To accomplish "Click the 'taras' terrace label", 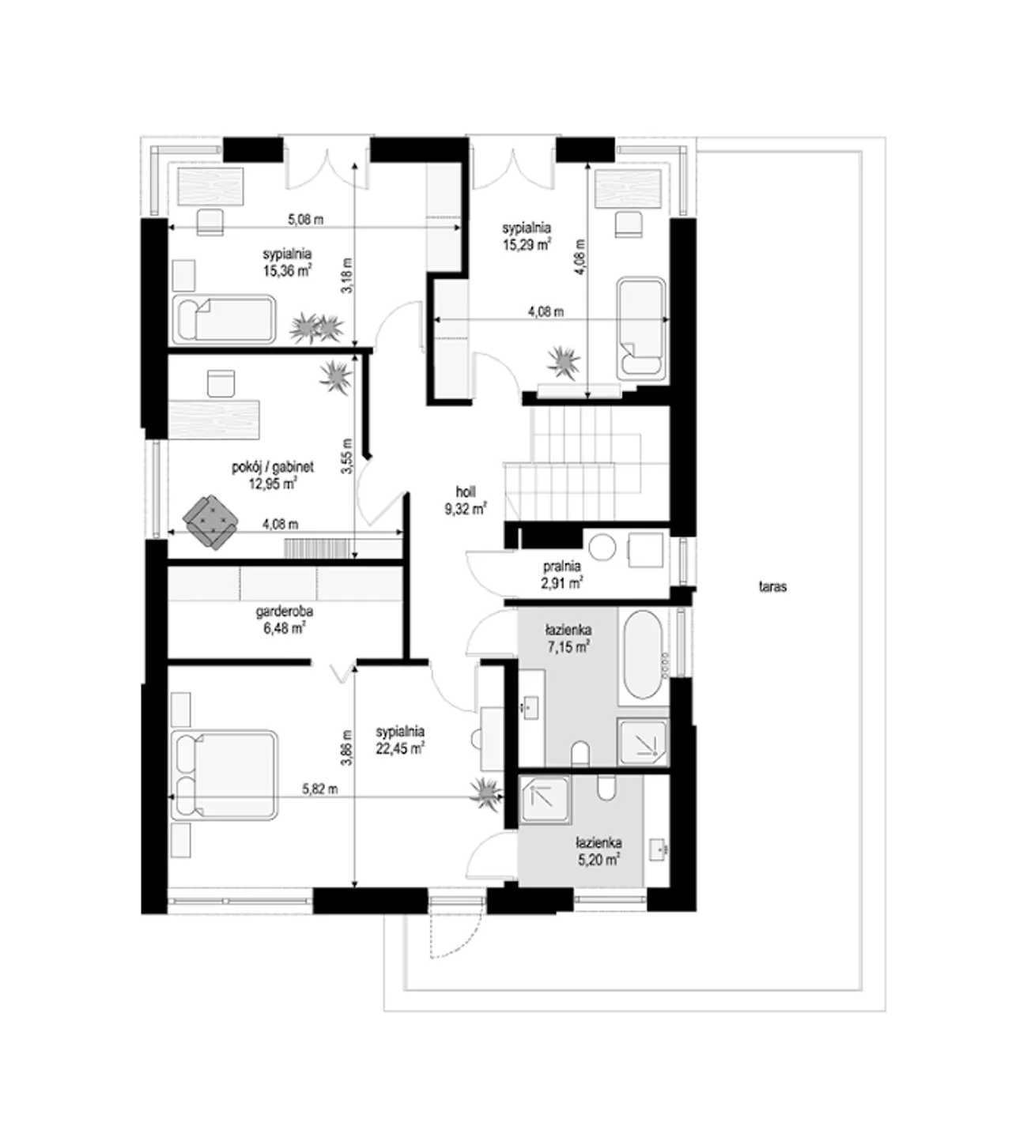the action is pyautogui.click(x=772, y=586).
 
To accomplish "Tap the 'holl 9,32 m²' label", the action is pyautogui.click(x=466, y=500).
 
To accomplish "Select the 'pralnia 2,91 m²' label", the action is pyautogui.click(x=561, y=574).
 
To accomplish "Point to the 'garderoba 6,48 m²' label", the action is pyautogui.click(x=284, y=620).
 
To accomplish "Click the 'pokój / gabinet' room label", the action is pyautogui.click(x=273, y=467).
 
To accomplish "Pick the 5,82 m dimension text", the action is pyautogui.click(x=319, y=789).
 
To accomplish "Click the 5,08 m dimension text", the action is pyautogui.click(x=305, y=220).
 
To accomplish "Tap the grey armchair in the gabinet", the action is pyautogui.click(x=211, y=522).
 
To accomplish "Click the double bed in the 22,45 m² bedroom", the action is pyautogui.click(x=224, y=775).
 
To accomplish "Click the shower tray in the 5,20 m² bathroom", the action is pyautogui.click(x=545, y=800).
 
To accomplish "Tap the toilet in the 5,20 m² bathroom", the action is pyautogui.click(x=606, y=788).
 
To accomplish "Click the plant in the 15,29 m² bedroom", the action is pyautogui.click(x=565, y=363).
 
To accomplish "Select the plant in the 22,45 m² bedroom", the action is pyautogui.click(x=486, y=794).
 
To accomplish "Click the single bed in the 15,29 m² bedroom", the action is pyautogui.click(x=640, y=329).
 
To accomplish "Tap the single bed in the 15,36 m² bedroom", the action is pyautogui.click(x=224, y=319).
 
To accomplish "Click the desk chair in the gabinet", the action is pyautogui.click(x=221, y=383).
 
